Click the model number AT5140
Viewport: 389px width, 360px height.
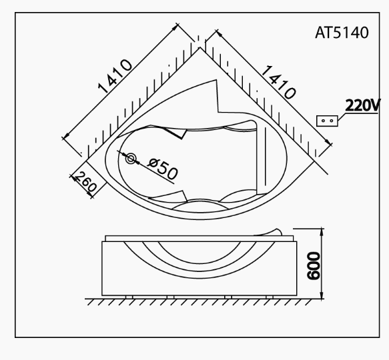(x=342, y=33)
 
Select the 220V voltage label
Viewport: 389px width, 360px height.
(x=363, y=105)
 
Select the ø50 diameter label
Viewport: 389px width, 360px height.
(x=162, y=169)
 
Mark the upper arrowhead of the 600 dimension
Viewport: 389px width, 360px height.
(x=323, y=231)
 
